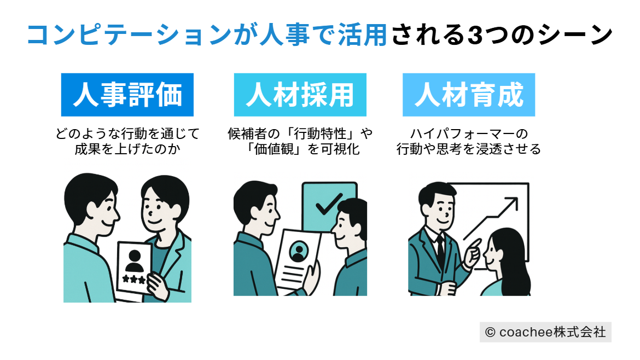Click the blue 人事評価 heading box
127,95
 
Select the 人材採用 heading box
300,95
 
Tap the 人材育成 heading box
469,95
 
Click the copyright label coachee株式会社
545,332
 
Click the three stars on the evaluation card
134,279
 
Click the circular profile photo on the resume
298,251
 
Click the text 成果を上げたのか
127,149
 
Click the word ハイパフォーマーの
469,133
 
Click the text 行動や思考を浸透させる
469,149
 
